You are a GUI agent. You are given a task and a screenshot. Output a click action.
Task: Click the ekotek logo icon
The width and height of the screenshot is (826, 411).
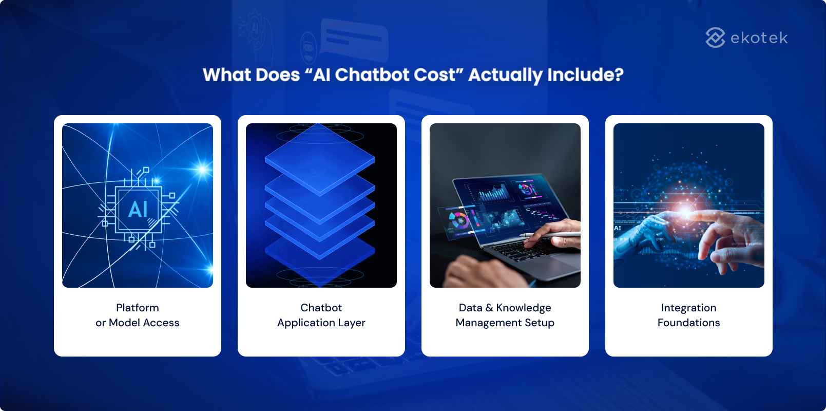click(715, 38)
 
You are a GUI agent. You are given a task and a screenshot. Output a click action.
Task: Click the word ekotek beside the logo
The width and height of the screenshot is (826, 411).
click(759, 38)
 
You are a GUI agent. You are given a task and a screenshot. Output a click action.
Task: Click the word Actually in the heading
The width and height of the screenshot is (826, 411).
click(505, 76)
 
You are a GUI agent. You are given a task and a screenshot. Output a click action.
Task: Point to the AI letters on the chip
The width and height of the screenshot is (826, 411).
click(138, 210)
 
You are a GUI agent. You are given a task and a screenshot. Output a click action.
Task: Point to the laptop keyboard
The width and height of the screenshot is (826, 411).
click(518, 251)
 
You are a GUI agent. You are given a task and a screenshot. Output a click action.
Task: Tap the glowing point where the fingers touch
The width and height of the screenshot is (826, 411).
click(686, 211)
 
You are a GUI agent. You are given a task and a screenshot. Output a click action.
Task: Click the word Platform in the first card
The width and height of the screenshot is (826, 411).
click(137, 308)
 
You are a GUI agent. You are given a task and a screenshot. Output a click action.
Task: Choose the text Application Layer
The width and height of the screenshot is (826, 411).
click(321, 323)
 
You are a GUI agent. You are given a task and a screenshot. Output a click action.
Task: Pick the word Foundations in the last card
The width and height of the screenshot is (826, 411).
click(688, 323)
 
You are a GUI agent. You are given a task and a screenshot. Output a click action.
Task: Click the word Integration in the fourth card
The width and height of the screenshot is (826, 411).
click(688, 308)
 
